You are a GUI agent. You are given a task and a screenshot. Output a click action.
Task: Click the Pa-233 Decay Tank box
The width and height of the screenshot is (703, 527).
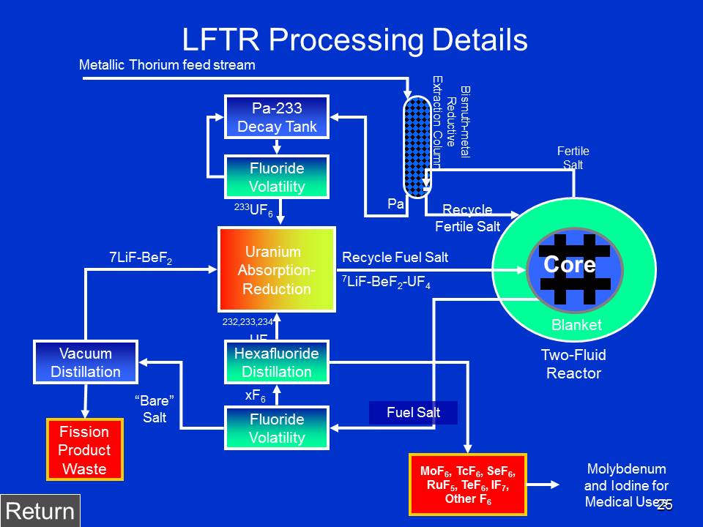[277, 117]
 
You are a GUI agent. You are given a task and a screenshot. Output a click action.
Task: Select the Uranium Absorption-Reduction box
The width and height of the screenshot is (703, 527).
[277, 269]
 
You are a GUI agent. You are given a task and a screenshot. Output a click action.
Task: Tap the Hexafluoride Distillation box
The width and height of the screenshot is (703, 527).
[277, 362]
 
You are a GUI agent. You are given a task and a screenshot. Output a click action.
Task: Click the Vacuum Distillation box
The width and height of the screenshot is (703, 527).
[86, 362]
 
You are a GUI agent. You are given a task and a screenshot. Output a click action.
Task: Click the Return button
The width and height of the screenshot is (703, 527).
[40, 511]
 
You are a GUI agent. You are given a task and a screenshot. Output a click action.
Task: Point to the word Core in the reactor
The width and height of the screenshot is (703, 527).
[570, 265]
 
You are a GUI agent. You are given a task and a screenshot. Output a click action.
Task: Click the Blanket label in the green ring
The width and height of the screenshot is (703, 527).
[576, 325]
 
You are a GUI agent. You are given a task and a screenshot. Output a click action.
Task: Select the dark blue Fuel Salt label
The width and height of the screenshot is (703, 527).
[414, 413]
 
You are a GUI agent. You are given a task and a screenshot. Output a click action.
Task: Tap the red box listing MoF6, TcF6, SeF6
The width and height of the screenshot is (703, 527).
[467, 483]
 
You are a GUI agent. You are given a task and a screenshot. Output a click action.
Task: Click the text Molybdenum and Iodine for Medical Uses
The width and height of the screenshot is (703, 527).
[626, 485]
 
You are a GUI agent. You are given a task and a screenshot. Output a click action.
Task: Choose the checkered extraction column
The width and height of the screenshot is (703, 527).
[414, 146]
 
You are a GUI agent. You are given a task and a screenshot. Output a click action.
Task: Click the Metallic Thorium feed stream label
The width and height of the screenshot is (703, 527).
[167, 65]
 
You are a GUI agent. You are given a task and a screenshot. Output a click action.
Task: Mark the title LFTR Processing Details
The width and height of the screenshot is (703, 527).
[354, 40]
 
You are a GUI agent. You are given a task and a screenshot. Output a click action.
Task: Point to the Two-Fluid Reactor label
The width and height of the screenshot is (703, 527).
[573, 364]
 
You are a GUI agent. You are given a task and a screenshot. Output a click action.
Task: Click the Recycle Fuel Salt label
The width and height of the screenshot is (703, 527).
[395, 257]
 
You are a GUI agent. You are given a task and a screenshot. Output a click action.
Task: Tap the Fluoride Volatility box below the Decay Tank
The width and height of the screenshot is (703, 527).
[277, 177]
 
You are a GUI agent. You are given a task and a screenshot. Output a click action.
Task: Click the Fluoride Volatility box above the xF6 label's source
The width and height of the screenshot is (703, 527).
[277, 428]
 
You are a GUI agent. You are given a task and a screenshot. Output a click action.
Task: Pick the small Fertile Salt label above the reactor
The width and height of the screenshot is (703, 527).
[573, 158]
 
